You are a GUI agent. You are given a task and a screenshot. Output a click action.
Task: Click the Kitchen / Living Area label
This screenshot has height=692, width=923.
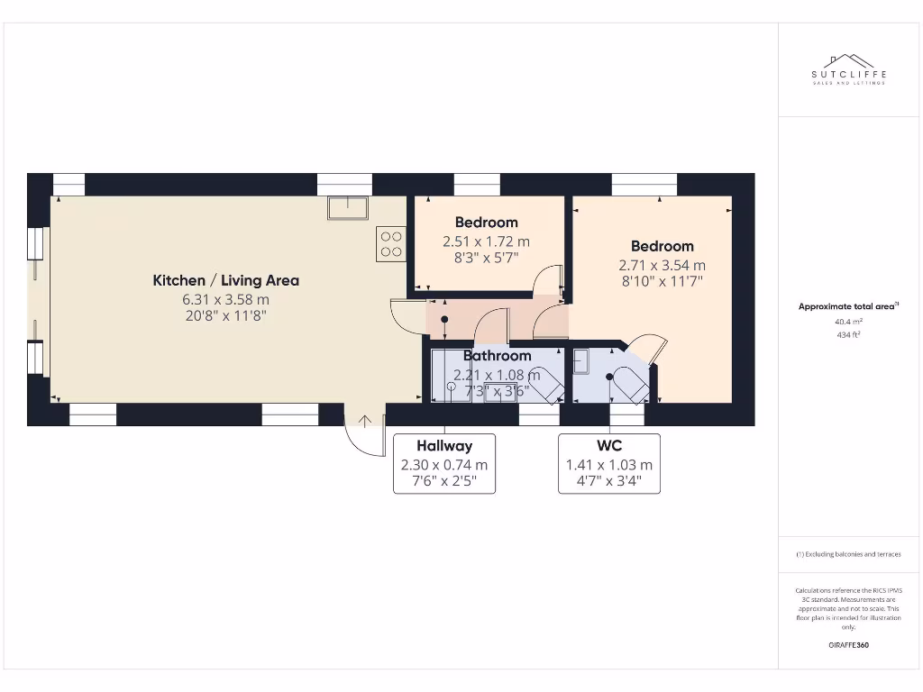tap(225, 280)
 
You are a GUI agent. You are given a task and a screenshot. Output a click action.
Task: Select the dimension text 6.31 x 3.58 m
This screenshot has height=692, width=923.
tap(225, 299)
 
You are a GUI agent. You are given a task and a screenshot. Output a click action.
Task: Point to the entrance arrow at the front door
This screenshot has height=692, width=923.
tap(365, 420)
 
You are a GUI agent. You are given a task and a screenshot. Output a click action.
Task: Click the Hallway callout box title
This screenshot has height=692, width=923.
tap(444, 445)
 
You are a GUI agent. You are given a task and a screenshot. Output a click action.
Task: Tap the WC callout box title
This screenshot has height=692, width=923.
tap(609, 445)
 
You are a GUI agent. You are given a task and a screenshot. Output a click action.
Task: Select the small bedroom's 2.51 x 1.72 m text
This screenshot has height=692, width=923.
tap(486, 241)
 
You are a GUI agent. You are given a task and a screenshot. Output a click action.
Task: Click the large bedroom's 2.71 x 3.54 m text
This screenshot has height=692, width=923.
tap(662, 265)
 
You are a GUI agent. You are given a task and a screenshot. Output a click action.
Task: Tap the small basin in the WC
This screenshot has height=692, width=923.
tap(580, 361)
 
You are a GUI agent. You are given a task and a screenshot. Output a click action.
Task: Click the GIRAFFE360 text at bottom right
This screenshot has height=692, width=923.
tap(848, 645)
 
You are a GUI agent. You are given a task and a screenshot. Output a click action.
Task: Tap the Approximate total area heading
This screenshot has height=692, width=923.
tap(847, 306)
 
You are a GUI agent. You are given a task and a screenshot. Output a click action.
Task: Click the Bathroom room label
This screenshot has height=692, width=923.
tap(497, 356)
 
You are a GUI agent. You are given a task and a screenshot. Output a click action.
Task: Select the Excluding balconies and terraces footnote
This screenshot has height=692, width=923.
tap(848, 554)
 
